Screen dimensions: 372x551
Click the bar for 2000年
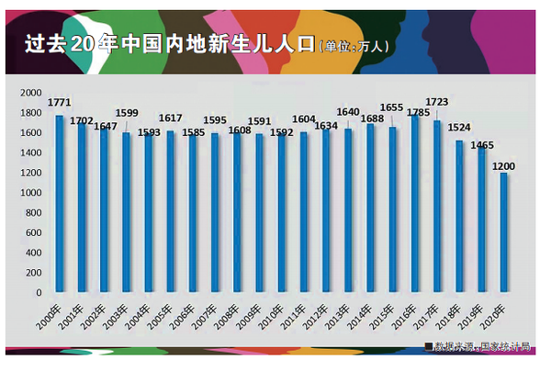click(x=60, y=202)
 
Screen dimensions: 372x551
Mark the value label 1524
click(x=459, y=130)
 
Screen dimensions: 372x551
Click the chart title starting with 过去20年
click(x=165, y=45)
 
